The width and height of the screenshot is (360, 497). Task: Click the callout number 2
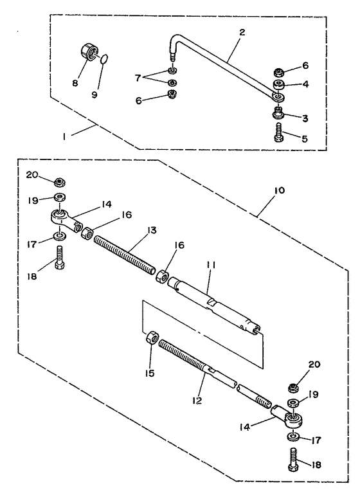pos(242,32)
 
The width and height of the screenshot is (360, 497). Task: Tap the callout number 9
pos(94,95)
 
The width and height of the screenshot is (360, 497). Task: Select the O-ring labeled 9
pos(105,59)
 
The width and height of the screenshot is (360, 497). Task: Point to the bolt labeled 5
pos(278,133)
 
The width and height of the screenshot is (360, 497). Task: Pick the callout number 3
pos(305,118)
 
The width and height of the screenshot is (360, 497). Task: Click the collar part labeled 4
pos(279,85)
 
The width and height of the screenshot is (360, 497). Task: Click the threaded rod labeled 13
pos(125,256)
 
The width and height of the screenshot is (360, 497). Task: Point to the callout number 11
pos(211,266)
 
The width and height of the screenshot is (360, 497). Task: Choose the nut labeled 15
pos(152,338)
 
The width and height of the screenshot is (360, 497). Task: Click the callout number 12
pos(197,401)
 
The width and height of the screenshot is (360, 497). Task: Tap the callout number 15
pos(150,374)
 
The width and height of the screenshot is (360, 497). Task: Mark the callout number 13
pos(151,230)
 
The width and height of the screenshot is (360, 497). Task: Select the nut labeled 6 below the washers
pos(173,94)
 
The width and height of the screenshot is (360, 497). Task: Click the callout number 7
pos(138,77)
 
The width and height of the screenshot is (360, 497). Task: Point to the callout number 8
pos(75,84)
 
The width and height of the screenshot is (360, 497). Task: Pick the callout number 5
pos(305,138)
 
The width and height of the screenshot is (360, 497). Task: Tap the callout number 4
pos(305,85)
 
